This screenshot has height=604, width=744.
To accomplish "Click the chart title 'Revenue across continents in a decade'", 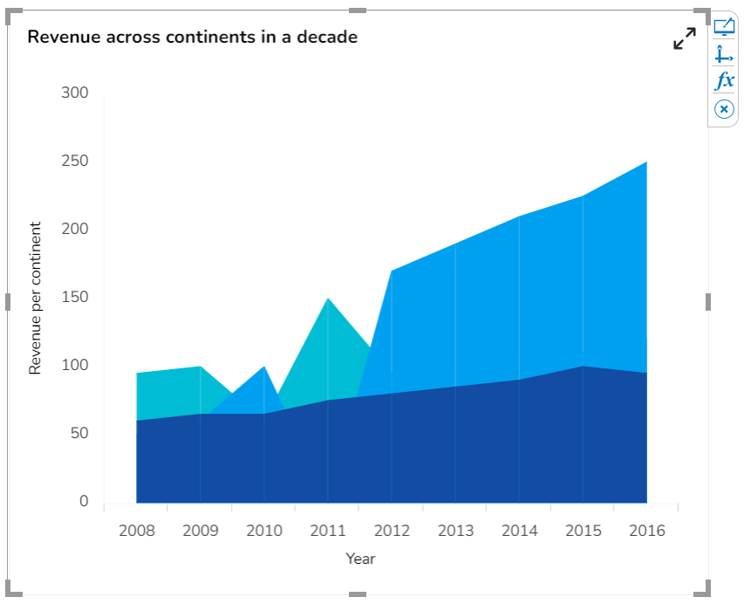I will click(x=193, y=38).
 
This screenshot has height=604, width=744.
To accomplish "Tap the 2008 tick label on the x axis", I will click(x=137, y=531).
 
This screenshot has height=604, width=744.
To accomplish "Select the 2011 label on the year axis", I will click(x=328, y=531).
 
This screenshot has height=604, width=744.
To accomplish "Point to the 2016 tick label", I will click(x=646, y=531).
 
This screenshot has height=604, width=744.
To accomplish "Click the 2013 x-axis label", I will click(x=455, y=531).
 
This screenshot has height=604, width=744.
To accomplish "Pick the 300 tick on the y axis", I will click(x=75, y=93).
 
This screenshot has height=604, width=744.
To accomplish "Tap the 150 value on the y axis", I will click(x=75, y=298).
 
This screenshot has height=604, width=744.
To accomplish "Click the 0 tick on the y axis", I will click(x=84, y=502).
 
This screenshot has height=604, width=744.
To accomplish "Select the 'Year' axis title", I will click(x=360, y=559).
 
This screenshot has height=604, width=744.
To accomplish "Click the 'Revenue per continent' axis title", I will click(x=36, y=299).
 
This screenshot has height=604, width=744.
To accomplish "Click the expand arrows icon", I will click(x=685, y=38).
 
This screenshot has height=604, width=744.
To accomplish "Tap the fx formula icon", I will click(x=724, y=81).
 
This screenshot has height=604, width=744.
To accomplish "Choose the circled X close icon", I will click(x=724, y=109).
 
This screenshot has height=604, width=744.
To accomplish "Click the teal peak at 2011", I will click(x=328, y=300).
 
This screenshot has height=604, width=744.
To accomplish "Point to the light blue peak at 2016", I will click(x=645, y=163).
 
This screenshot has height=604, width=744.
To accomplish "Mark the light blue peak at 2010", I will click(x=263, y=367).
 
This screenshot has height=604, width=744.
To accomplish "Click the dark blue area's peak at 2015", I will click(x=583, y=367).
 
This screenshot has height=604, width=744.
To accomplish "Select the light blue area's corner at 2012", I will click(x=392, y=272).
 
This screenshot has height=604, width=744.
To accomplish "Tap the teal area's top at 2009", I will click(x=201, y=367).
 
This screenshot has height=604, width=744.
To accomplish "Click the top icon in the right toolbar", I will click(x=724, y=27).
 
